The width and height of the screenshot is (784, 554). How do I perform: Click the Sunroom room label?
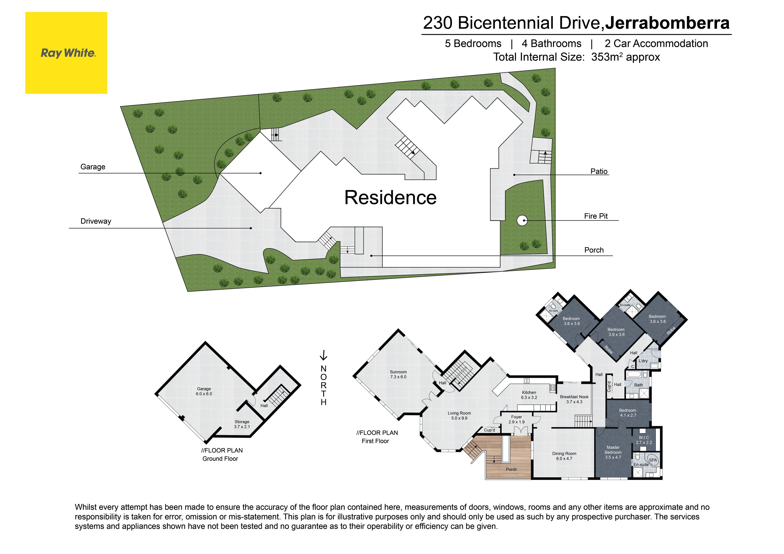point(398,374)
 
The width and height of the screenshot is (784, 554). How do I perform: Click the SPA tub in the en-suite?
point(652,460)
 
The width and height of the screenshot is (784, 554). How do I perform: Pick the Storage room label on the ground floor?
point(242,424)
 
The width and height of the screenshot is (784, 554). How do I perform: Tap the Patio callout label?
point(599,171)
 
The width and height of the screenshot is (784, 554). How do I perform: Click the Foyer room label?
point(516,419)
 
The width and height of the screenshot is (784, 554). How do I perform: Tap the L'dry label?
point(643,361)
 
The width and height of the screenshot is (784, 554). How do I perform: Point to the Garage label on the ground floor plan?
point(204,391)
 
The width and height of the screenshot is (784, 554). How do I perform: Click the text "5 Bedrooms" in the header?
point(473,44)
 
